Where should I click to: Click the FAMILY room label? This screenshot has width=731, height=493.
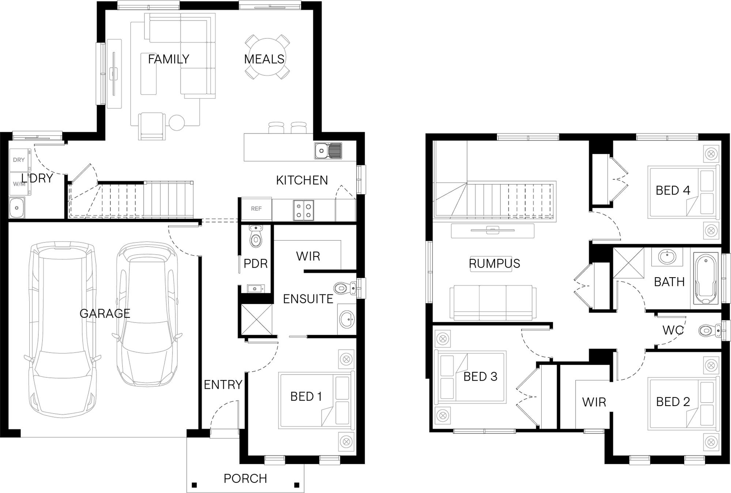coord(168,59)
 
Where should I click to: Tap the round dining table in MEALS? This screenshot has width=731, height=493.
coord(267,57)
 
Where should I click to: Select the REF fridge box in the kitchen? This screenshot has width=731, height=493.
coord(256,209)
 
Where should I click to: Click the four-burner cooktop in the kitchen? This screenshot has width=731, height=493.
coord(303,210)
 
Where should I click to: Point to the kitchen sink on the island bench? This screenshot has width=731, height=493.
coord(328,151)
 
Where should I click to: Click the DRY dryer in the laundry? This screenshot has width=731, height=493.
coord(20,160)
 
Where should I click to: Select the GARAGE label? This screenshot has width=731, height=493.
coord(105,313)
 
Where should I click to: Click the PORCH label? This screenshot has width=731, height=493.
coord(245,478)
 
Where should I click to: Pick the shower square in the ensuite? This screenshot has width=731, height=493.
coord(257,320)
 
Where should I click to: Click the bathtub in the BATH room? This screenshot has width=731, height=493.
coord(706,279)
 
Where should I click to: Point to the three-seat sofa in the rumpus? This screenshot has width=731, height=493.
coord(493,303)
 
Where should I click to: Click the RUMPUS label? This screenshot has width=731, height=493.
coord(494,263)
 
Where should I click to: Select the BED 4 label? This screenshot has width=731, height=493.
coord(673,191)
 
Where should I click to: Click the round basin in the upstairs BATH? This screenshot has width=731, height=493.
coord(667,256)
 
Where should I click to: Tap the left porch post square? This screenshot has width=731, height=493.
coord(194,485)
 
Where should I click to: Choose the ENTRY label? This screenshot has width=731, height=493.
coord(223,385)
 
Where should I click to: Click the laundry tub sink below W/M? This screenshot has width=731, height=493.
coord(17,208)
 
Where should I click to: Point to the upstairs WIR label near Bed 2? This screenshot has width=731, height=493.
coord(594,402)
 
